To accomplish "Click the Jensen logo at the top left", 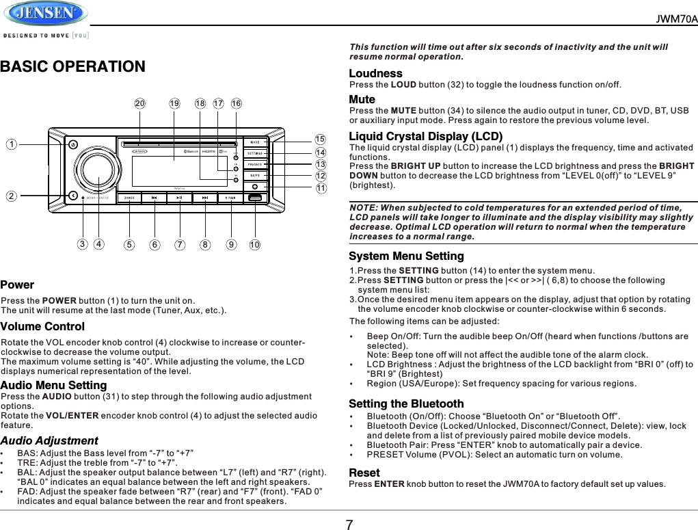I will tap(45, 14).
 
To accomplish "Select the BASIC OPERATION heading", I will tap(72, 67).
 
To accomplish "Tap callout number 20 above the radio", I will tap(140, 104).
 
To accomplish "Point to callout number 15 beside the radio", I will tap(320, 140).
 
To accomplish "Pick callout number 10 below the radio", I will tap(254, 243).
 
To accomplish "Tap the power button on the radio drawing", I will tap(72, 144).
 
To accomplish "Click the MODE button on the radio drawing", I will tap(254, 142).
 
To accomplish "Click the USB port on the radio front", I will tap(254, 198).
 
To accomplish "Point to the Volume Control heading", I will tap(42, 326).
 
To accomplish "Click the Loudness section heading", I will tap(375, 73).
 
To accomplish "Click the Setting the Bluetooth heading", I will tap(406, 403).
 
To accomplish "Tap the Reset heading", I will tap(364, 473).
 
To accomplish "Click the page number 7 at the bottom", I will tap(349, 524).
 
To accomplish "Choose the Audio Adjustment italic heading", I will tap(49, 440).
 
